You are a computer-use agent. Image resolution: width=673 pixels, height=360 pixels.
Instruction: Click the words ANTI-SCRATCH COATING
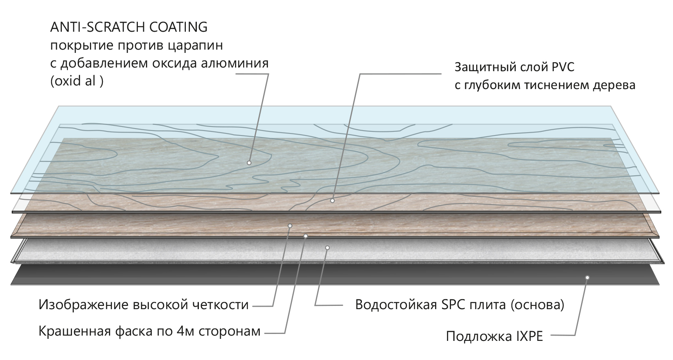(129, 27)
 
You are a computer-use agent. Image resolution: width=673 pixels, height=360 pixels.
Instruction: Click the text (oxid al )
(76, 81)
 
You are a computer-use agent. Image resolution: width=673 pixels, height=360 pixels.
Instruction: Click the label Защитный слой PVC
(514, 67)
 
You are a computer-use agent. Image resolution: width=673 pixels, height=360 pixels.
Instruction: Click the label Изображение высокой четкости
(144, 305)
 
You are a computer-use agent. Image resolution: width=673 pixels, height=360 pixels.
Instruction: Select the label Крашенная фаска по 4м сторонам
(149, 332)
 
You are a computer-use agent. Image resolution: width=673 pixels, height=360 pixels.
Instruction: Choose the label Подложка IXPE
(494, 337)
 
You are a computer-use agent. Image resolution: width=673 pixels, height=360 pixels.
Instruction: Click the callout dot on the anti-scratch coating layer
(249, 163)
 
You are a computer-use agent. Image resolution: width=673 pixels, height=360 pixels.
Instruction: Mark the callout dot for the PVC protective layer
(333, 201)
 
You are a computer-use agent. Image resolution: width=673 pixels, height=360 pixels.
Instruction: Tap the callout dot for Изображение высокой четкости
(290, 225)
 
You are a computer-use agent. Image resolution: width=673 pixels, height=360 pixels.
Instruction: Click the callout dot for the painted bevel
(306, 236)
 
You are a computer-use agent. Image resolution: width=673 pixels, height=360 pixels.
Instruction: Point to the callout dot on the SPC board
(327, 247)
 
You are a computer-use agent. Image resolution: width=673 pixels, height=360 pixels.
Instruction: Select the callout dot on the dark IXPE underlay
(587, 277)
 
